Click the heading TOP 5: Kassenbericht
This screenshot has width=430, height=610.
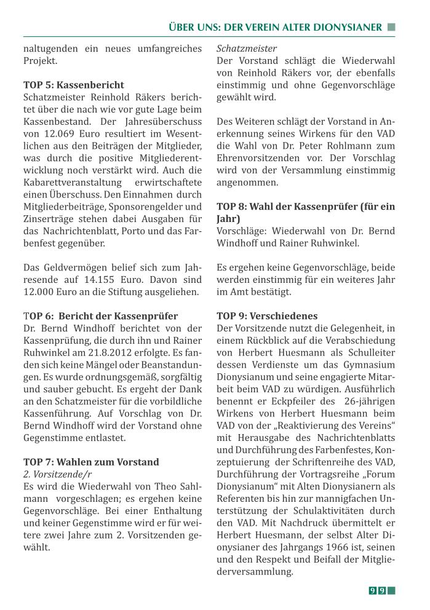point(73,85)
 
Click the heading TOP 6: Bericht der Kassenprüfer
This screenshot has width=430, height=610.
point(100,316)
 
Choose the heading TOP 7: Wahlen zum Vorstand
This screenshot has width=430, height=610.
point(91,462)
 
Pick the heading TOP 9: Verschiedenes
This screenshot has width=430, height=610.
point(267,316)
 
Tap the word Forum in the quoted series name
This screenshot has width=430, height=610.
point(380,474)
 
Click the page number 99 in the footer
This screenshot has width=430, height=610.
point(377,591)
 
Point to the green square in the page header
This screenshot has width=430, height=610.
point(391,27)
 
